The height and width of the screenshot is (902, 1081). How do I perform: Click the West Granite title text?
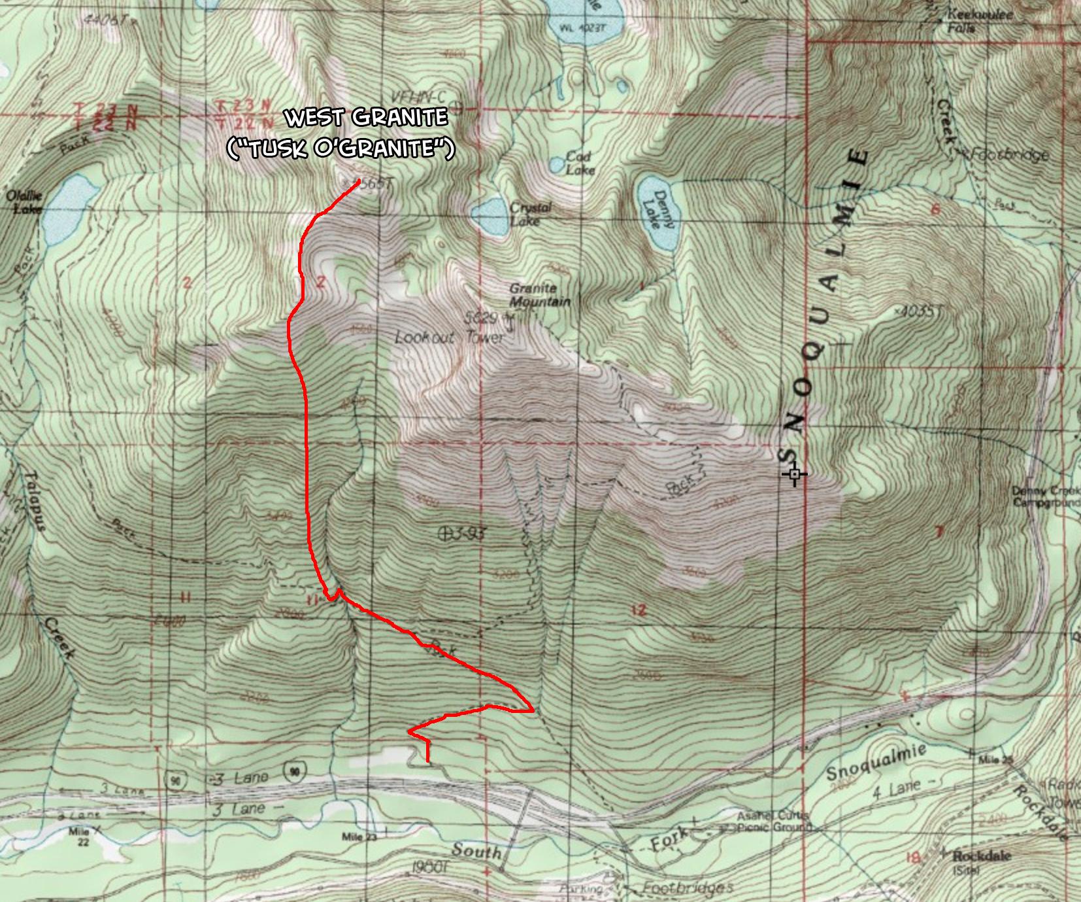pyautogui.click(x=367, y=118)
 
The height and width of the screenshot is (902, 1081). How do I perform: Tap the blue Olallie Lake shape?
pyautogui.click(x=68, y=208)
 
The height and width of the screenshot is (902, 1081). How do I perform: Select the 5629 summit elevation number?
pyautogui.click(x=481, y=318)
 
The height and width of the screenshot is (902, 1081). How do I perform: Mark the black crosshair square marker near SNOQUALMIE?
pyautogui.click(x=794, y=474)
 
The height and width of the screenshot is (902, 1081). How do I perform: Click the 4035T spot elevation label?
pyautogui.click(x=918, y=312)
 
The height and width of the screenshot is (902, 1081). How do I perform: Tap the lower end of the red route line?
pyautogui.click(x=428, y=761)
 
